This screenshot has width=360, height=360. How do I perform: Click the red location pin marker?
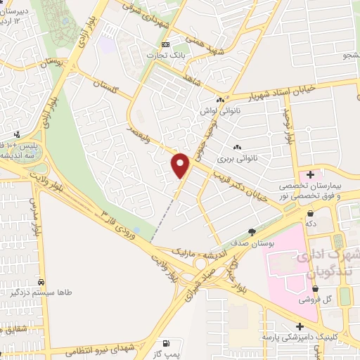pyautogui.click(x=181, y=165)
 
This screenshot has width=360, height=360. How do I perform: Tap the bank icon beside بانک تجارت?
pyautogui.click(x=165, y=44)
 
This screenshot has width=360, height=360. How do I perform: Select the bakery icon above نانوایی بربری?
pyautogui.click(x=237, y=147)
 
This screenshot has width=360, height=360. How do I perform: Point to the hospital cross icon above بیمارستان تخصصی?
pyautogui.click(x=310, y=173)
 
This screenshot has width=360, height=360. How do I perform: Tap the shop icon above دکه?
pyautogui.click(x=310, y=222)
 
